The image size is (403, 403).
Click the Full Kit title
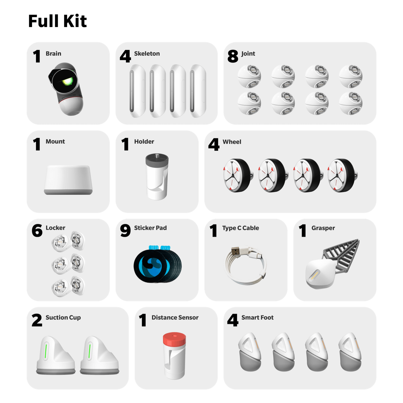[57, 21]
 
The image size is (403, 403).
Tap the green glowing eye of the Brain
[67, 81]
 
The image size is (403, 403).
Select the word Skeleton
[147, 53]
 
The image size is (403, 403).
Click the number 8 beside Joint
[233, 56]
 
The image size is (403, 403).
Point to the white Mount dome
[68, 179]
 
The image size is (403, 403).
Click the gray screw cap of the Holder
[157, 160]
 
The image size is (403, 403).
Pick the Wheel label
[232, 142]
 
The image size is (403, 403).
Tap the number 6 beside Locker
[37, 231]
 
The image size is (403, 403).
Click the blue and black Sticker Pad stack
[157, 264]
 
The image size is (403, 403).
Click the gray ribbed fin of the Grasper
[341, 255]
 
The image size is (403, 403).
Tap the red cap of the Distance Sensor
[174, 339]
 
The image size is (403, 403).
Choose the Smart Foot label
[257, 317]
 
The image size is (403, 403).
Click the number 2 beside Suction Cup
[37, 320]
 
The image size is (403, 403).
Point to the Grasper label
[323, 228]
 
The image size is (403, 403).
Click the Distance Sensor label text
[175, 317]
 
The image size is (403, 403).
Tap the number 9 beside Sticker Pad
[125, 231]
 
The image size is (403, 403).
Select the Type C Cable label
[240, 228]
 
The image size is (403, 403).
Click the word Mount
[55, 141]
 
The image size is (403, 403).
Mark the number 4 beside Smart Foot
[233, 320]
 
